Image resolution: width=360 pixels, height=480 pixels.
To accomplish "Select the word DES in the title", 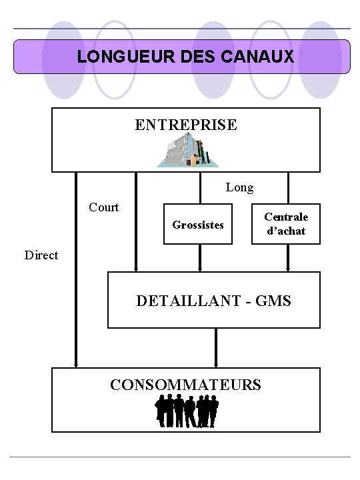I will coord(187,57).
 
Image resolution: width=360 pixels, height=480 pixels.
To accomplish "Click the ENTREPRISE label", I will coord(185,125).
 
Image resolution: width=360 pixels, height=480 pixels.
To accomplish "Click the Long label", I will coord(239,188).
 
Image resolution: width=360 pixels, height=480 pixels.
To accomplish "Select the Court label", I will coord(104,207).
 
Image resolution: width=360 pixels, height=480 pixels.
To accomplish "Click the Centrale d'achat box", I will coord(286,224).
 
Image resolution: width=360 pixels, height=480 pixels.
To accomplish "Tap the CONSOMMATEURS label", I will coord(185,385).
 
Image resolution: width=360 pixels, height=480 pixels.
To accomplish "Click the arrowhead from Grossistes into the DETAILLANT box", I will coord(199,269).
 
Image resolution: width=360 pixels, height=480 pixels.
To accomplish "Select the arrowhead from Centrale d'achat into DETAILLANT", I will coord(288,269).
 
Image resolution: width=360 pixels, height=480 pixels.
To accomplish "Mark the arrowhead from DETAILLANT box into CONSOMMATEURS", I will coord(216,364).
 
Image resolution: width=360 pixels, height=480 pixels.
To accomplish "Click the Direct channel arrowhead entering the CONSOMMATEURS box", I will coord(77,364).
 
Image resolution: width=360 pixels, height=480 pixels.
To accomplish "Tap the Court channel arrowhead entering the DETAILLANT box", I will coord(136,269).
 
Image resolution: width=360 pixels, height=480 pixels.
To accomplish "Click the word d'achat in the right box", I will coord(286,231).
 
